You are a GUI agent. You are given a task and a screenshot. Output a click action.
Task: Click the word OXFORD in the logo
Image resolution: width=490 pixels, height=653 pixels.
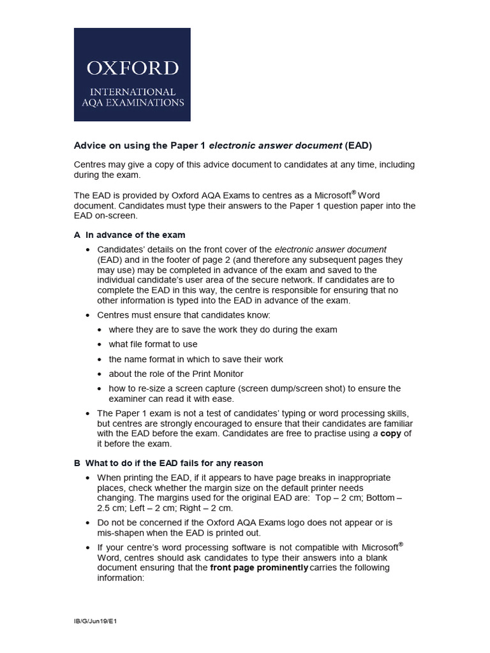click(133, 68)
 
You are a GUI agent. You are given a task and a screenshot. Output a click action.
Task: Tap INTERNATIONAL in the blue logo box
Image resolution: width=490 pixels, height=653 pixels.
click(133, 92)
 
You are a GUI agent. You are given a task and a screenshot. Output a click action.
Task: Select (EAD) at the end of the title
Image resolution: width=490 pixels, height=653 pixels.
click(359, 145)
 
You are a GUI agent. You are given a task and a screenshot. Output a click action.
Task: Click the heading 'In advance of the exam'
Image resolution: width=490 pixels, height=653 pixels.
click(135, 235)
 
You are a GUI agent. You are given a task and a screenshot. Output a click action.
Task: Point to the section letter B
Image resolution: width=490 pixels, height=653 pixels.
click(77, 463)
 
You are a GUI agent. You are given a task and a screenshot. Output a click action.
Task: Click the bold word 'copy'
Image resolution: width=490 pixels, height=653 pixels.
click(390, 434)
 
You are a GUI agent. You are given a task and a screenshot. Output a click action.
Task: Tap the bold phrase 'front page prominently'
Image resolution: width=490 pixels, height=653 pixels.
click(259, 568)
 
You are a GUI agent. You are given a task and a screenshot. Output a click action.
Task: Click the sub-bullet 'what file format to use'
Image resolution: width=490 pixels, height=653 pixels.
click(153, 344)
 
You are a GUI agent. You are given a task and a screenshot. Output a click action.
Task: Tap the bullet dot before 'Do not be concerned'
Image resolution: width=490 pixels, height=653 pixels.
click(88, 523)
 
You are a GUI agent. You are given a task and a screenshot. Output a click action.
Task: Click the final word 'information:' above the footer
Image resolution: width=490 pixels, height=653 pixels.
click(121, 578)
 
